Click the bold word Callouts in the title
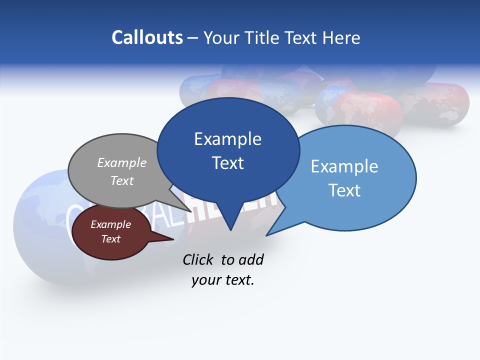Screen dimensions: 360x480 coord(147,37)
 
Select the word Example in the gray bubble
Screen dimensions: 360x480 coord(122,162)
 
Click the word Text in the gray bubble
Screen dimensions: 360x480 coord(122,180)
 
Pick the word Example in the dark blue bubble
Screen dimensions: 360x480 coord(227,138)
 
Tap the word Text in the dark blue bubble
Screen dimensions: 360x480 coord(227,163)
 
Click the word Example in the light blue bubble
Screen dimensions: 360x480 coord(344,166)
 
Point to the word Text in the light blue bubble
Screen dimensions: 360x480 coord(344,190)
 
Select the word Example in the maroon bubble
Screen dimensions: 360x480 coord(110,224)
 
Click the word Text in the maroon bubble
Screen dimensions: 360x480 coord(110,239)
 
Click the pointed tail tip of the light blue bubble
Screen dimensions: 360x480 coord(267,235)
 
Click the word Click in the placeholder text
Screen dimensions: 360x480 coord(198,259)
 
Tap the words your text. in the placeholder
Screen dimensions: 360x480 coord(223,280)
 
